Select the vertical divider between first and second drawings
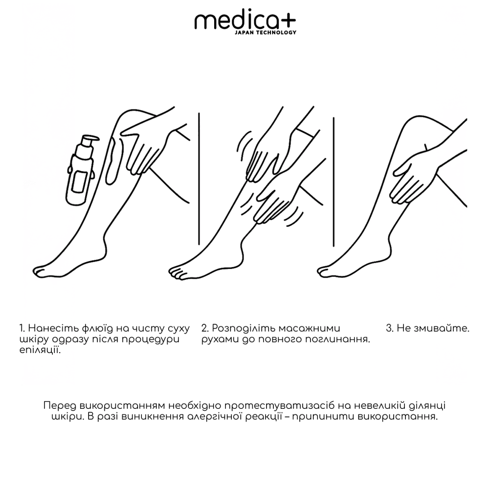coord(199,178)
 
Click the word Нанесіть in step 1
coord(49,328)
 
